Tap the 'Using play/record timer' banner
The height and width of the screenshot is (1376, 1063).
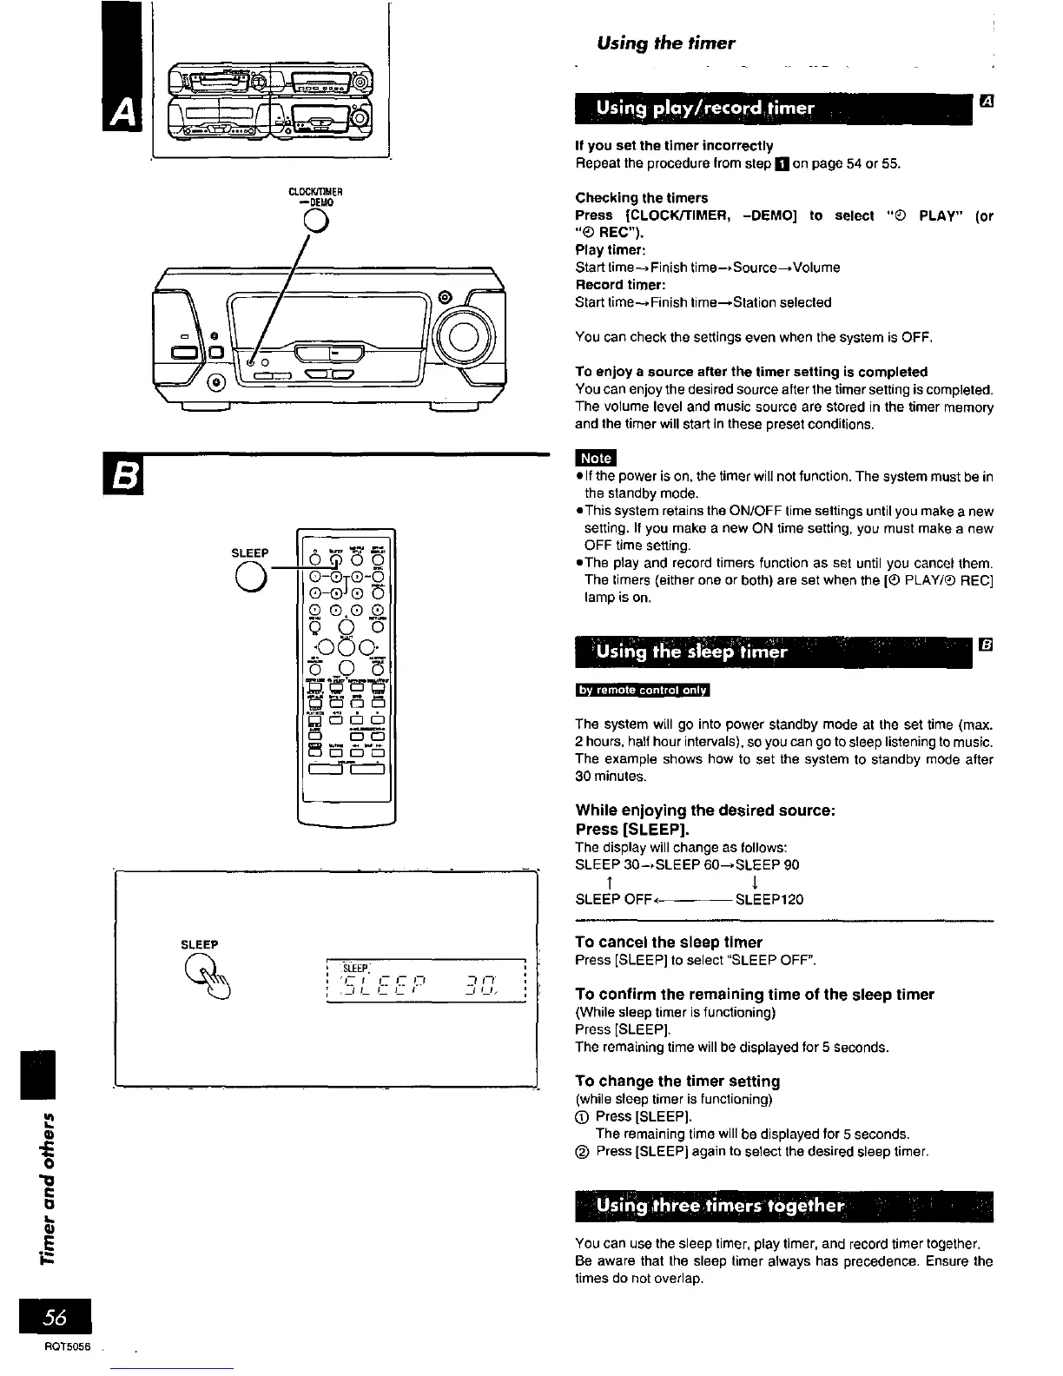pos(704,108)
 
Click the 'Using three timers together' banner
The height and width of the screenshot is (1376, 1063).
pos(720,1206)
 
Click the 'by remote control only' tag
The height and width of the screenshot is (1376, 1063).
pos(642,691)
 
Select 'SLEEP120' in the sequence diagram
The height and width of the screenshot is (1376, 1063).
pos(769,899)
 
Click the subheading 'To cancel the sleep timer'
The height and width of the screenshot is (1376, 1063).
pos(668,942)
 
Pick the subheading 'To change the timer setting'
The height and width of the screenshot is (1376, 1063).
pos(677,1081)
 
